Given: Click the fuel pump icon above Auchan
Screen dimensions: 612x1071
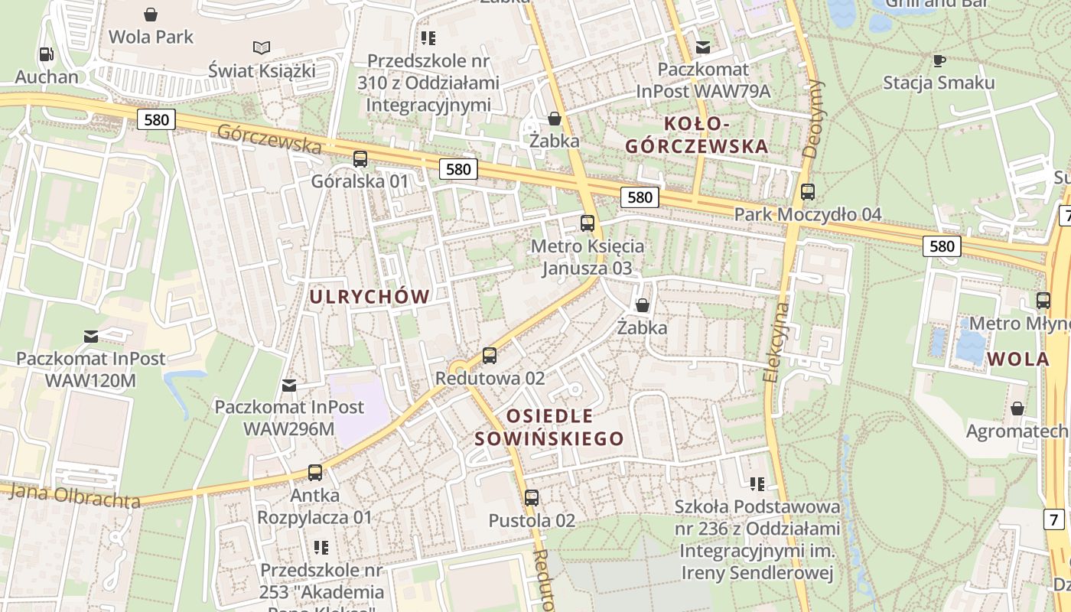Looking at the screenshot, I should point(46,54).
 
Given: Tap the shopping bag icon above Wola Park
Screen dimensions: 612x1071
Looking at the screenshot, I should point(151,15).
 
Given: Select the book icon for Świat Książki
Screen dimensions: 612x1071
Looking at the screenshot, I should point(262,47).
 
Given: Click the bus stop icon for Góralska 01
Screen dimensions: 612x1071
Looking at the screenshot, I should point(360,159).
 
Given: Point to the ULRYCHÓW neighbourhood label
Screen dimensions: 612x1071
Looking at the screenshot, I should point(369,297).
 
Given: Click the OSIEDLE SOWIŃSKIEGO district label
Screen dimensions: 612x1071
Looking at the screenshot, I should point(549,428).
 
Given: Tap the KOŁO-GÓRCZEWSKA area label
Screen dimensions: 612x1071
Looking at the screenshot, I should point(696,135).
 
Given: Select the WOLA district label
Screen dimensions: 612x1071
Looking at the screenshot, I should point(1017,359).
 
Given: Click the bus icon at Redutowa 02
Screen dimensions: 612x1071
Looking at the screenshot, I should point(490,356).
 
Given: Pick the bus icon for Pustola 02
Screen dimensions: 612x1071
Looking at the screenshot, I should point(532,498).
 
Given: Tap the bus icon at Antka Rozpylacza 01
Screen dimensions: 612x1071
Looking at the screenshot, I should point(314,473).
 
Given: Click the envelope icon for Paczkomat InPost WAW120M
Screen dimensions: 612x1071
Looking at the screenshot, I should point(91,336).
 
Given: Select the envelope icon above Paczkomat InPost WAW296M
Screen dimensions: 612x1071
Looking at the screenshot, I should point(289,385).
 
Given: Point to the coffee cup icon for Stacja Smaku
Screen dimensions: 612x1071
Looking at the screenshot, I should point(939,60).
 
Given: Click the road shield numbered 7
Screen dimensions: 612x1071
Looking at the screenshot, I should point(1055,519).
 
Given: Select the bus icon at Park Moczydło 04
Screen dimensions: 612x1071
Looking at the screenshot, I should point(807,192).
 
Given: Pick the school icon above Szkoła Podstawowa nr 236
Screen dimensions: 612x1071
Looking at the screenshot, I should point(757,483).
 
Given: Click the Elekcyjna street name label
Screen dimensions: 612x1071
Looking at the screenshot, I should point(777,343).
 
